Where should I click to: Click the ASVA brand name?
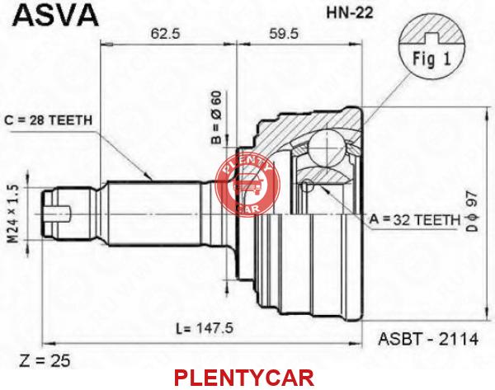pos(55,14)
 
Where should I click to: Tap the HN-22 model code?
pos(350,12)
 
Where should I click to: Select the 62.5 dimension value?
pos(166,34)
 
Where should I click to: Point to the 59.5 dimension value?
pos(283,34)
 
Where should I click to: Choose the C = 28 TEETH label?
pos(49,120)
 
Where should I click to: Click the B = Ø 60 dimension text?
pos(216,117)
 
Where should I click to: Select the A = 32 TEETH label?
pos(415,219)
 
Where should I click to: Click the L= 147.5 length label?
pos(205,328)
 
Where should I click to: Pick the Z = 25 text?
pos(45,360)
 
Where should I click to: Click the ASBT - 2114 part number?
pos(428,339)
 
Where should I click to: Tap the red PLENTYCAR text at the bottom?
pos(244,378)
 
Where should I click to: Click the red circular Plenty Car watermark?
pos(247,186)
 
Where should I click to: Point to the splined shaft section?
pos(155,214)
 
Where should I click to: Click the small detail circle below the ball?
pos(307,186)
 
